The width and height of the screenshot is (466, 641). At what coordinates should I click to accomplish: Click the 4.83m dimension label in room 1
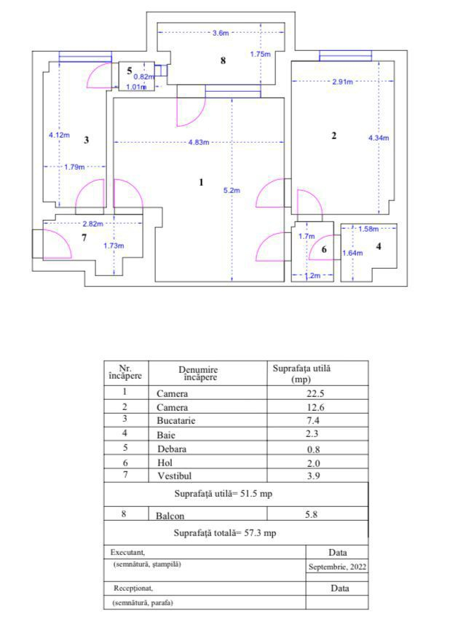click(199, 142)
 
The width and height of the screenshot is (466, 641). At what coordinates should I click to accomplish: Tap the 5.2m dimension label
click(232, 190)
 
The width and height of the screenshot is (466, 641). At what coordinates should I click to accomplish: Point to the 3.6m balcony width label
click(221, 33)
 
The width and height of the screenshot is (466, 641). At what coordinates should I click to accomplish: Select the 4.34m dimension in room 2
click(379, 138)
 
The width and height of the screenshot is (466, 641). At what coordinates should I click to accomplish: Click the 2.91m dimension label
click(342, 82)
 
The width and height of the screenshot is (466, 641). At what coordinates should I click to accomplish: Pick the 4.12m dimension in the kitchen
click(59, 135)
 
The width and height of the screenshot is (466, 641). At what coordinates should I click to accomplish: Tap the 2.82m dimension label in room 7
click(92, 224)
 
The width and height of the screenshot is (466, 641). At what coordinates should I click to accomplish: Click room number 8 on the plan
click(223, 60)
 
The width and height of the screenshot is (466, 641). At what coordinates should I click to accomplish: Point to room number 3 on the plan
click(86, 140)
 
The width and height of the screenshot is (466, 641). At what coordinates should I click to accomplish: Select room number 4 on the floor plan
click(379, 246)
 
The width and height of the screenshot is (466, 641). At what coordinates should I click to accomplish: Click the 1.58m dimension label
click(368, 229)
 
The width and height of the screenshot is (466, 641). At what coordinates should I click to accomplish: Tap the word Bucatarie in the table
click(176, 421)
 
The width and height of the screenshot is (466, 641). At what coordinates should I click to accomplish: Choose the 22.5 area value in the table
click(315, 393)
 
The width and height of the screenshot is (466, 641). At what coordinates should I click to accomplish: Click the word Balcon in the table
click(170, 516)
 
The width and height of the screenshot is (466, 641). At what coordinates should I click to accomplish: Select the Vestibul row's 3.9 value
click(314, 476)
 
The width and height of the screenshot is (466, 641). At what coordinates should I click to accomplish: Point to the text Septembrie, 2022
click(337, 567)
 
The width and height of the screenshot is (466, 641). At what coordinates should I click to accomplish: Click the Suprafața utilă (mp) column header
click(301, 374)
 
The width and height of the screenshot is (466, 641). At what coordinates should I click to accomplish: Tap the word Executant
click(127, 552)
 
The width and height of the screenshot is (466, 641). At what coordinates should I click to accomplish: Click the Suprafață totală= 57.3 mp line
click(225, 533)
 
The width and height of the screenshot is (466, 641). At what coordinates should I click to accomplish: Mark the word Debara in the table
click(172, 449)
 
